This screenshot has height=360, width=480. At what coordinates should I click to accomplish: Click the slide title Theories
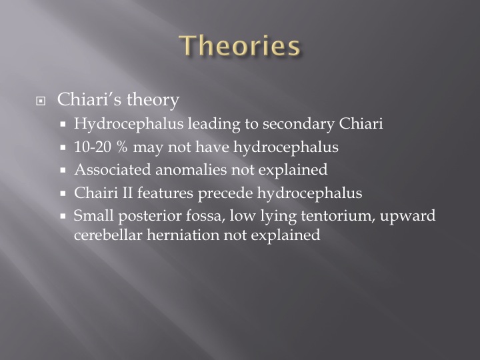pos(239,45)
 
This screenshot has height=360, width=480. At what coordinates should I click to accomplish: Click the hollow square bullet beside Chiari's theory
pos(41,101)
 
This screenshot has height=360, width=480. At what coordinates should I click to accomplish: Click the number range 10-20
pos(93,147)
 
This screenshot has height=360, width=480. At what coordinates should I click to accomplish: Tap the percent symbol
pos(121,147)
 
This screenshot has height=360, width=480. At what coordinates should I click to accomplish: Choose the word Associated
pos(113,169)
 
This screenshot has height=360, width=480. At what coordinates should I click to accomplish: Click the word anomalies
pos(191,170)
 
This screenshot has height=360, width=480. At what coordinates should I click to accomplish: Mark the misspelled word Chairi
pos(96,193)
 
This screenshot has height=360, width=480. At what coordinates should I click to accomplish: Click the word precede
pos(225,193)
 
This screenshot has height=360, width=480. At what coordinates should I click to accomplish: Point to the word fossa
pos(205,216)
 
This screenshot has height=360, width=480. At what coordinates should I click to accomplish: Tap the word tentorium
pos(338,216)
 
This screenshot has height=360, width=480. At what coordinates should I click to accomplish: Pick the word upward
pos(408,216)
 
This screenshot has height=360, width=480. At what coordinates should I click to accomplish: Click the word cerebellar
pos(108,235)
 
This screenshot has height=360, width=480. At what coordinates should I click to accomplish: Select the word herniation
pos(183,235)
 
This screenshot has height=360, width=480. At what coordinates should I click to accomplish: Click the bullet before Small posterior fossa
pos(63,216)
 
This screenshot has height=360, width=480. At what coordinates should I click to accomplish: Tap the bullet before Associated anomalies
pos(63,170)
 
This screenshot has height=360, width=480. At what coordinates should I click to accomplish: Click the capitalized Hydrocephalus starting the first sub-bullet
pos(129,124)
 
